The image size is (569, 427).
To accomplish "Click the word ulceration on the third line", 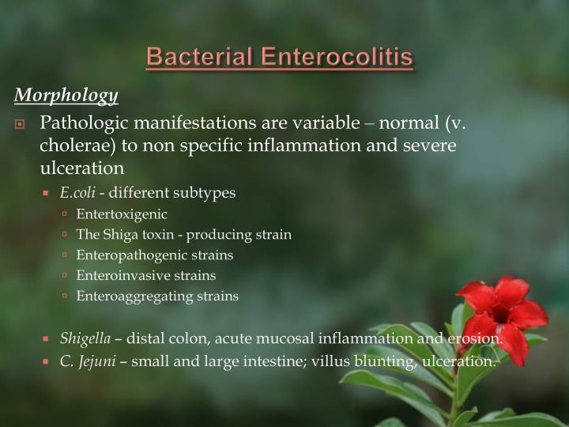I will [81, 168].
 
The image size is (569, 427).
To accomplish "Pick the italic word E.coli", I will [77, 193].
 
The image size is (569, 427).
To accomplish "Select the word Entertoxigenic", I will [111, 213].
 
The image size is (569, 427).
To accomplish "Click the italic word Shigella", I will [85, 339].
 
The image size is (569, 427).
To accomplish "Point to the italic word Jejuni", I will [100, 361].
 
